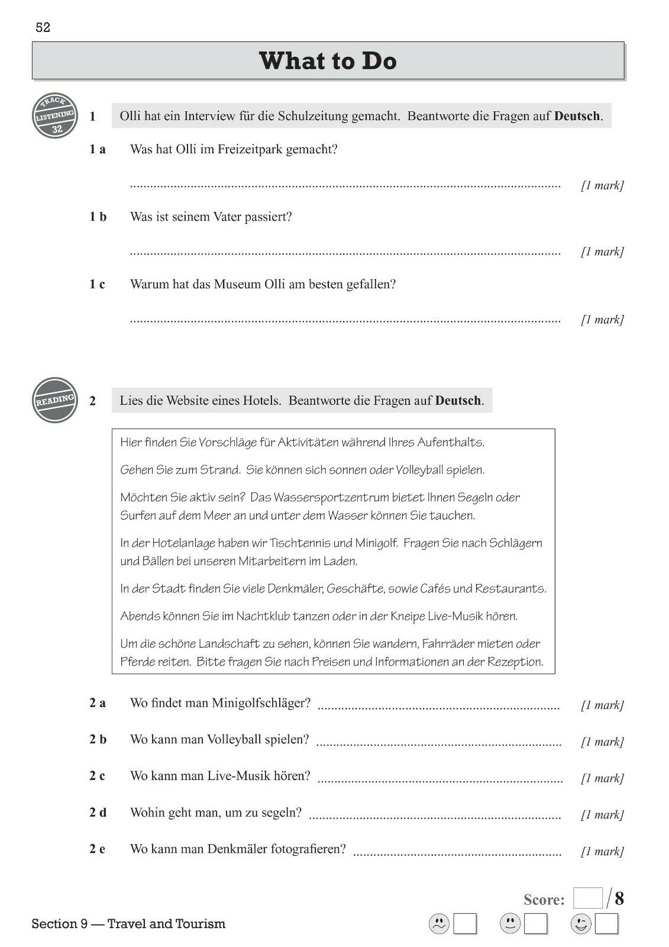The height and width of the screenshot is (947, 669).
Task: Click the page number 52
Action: [x=43, y=28]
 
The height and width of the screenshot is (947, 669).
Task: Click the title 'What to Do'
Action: [x=328, y=61]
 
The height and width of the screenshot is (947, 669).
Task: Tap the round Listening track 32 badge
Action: [x=56, y=115]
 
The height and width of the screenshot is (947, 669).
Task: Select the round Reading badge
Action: [x=55, y=400]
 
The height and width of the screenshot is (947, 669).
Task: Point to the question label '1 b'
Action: [x=98, y=217]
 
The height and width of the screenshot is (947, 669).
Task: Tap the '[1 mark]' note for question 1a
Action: [x=602, y=185]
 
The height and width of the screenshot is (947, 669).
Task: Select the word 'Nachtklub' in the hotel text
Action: [x=263, y=616]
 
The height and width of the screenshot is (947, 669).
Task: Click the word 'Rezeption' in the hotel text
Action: [x=515, y=662]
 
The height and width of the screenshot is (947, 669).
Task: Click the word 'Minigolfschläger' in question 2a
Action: [x=261, y=703]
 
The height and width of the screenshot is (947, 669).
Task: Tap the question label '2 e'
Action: [x=98, y=849]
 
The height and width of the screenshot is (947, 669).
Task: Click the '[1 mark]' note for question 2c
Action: [x=602, y=778]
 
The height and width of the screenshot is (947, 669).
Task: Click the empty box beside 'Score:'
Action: [x=588, y=898]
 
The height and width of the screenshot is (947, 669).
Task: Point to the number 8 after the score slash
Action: [x=619, y=898]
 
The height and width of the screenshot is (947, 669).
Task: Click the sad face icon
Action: [x=439, y=924]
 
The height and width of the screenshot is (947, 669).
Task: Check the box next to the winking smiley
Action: [x=606, y=924]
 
